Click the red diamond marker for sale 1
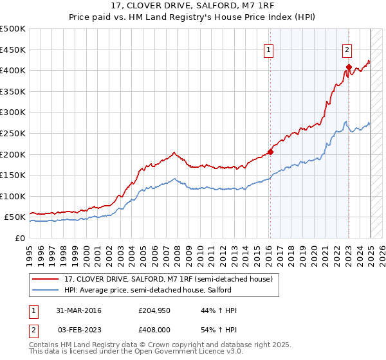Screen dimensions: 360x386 [270, 152]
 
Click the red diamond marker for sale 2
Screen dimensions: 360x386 [349, 67]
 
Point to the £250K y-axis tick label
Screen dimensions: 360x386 [12, 133]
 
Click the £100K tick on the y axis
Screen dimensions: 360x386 [12, 196]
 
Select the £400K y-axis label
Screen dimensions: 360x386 [12, 70]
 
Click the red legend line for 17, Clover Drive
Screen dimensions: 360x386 [46, 279]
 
